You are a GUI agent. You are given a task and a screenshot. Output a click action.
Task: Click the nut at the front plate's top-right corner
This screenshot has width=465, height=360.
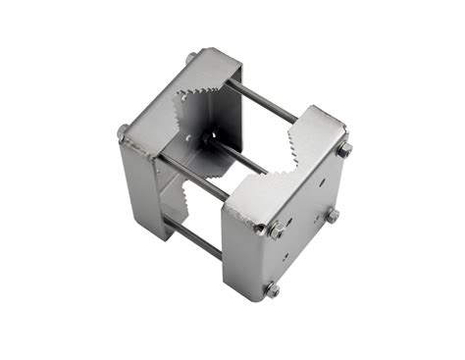pos(344,150)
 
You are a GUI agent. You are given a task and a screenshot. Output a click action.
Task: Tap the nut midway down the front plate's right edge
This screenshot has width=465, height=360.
pos(334,215)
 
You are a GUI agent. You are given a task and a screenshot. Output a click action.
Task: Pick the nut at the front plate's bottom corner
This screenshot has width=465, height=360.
pos(272,289)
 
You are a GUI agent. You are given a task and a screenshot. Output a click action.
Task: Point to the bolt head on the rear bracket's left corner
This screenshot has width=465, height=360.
pos(124,131)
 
